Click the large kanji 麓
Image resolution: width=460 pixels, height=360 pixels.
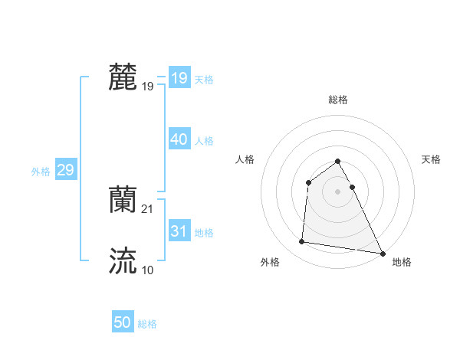(123, 77)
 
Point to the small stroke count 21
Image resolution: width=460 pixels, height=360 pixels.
(148, 209)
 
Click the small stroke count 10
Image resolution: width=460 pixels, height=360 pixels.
(147, 270)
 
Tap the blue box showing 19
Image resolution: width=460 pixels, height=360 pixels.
(179, 78)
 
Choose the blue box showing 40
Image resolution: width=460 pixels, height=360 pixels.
(179, 139)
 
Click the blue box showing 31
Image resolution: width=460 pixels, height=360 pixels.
(179, 231)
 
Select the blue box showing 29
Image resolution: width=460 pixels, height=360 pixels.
(65, 170)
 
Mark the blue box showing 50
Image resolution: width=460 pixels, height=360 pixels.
(123, 323)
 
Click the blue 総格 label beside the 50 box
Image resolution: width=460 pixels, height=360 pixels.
(147, 324)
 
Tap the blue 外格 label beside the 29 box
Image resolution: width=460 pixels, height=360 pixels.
(41, 172)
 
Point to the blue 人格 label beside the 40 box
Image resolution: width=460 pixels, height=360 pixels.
(204, 141)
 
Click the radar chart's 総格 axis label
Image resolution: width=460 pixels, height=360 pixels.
(337, 100)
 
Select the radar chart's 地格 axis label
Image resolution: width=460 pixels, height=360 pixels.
(402, 262)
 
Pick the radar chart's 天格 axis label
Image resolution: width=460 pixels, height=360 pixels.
(432, 159)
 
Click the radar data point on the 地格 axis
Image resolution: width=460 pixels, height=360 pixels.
(383, 254)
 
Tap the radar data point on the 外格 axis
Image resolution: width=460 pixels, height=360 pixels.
(302, 242)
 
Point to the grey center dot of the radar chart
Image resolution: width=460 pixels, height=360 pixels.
(337, 191)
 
